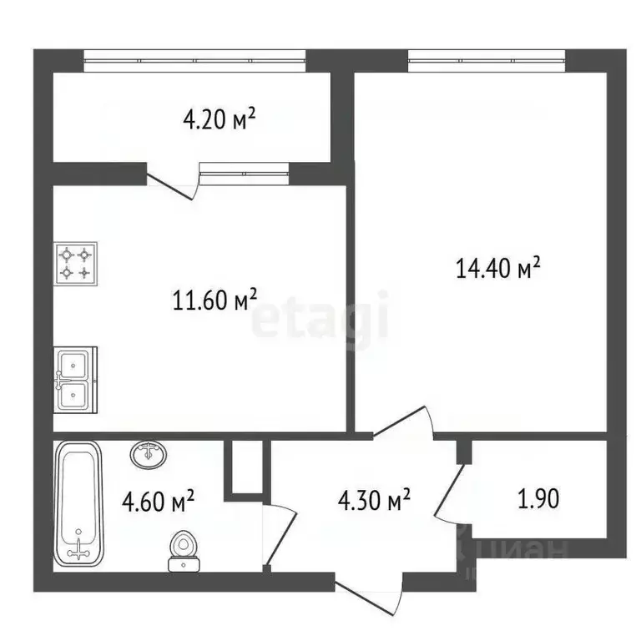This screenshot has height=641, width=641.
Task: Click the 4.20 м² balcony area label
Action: coord(219,119)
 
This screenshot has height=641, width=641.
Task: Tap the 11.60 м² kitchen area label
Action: coord(214,298)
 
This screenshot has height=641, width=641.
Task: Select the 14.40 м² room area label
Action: coord(498,269)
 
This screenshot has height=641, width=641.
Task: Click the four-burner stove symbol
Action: coord(76,261)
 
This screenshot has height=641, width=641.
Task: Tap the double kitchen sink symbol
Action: coord(76,379)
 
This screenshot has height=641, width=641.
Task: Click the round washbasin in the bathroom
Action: coord(149,454)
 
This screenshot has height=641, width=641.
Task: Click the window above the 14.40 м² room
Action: coord(487,58)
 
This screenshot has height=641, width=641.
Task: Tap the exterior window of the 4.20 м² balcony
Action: coord(194,58)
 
